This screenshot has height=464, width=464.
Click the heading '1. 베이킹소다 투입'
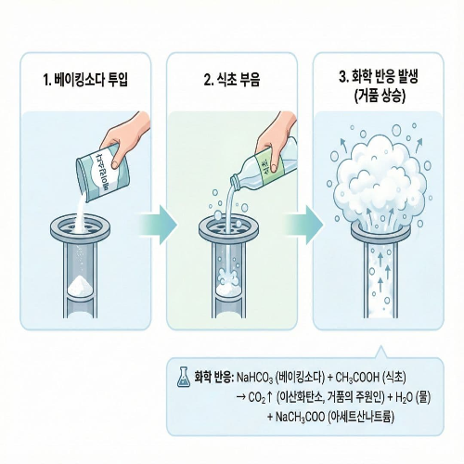click(84, 79)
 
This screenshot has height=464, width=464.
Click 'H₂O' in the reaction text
click(404, 396)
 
